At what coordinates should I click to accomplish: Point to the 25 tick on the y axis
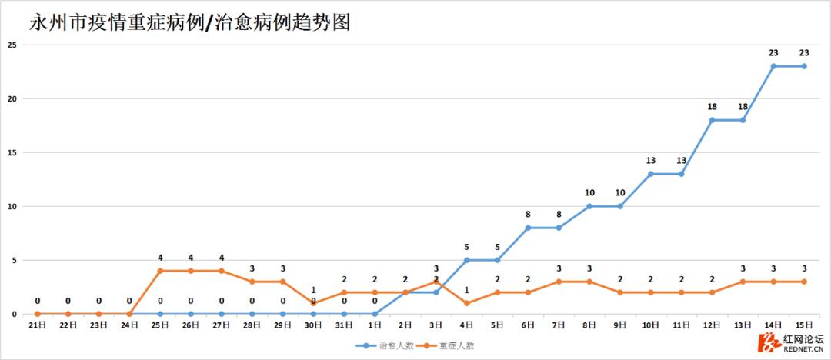coord(12,45)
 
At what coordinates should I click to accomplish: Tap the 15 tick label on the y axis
coord(12,152)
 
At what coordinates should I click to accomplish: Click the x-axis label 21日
coord(37,326)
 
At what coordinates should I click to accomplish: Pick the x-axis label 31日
coord(344,326)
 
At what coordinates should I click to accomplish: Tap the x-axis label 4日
coord(466,326)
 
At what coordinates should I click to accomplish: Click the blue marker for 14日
coord(773,66)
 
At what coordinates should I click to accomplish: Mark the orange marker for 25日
coord(160,271)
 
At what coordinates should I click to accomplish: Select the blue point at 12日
coord(712,120)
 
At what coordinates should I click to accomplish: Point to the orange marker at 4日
coord(466,303)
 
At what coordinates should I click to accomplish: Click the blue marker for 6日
coord(528,228)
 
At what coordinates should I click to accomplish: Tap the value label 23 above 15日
coord(804,53)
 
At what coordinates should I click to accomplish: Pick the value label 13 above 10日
coord(650,161)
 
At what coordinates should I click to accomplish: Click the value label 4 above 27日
coord(222,258)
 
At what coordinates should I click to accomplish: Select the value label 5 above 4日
coord(466,247)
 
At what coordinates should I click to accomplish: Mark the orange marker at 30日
coord(313,303)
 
